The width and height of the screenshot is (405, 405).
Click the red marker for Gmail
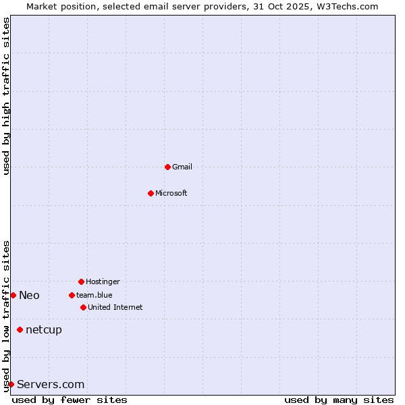pos(167,167)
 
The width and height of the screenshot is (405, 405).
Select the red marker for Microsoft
pos(151,193)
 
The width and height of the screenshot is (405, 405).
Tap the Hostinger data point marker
pos(81,281)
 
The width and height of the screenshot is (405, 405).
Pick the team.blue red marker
pos(72,295)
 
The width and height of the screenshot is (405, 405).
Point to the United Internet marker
pos(83,307)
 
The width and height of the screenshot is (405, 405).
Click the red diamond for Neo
pos(13,295)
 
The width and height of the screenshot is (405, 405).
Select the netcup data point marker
pos(20,329)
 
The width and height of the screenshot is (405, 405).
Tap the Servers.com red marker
pos(11,384)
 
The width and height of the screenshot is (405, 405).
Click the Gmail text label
pos(182,167)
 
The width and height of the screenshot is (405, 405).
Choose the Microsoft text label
pos(171,193)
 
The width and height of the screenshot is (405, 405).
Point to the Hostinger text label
pos(103,281)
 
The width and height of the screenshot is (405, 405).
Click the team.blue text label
pos(94,295)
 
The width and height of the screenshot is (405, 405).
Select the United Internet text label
pos(115,307)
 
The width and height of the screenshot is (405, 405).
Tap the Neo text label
pos(29,295)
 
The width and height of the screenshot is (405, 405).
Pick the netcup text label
pos(44,329)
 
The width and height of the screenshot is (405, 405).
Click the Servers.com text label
pos(51,384)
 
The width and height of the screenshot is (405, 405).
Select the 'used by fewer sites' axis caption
pos(70,400)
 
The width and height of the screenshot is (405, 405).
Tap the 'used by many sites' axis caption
pos(339,400)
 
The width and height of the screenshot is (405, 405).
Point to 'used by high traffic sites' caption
pos(6,96)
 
